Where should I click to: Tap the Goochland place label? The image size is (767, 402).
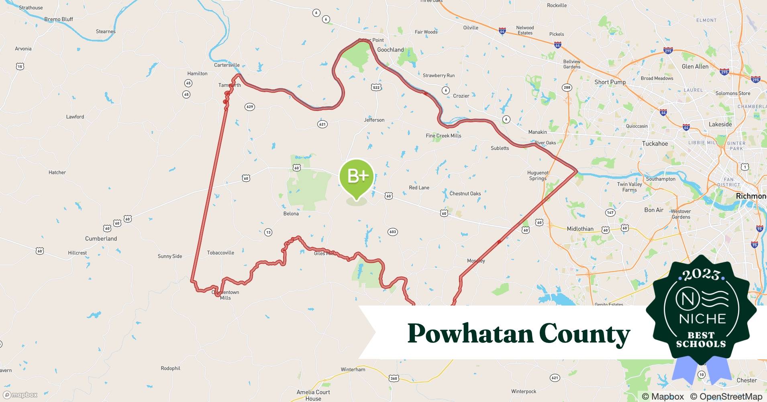pos(390,50)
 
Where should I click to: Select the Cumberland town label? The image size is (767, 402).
pos(101,238)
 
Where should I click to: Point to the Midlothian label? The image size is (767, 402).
pos(580,229)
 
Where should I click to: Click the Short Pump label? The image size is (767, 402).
pos(610,82)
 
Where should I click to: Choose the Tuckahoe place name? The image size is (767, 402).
pos(655,144)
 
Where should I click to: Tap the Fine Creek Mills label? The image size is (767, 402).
pos(443,135)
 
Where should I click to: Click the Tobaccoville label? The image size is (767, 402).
pos(220,252)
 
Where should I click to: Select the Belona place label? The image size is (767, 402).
pos(291,213)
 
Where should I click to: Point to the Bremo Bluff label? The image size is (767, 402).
pos(59,19)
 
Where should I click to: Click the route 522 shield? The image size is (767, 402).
pos(376,87)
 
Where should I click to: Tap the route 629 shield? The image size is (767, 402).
pos(250,107)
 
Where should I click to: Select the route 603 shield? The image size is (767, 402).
pos(393,232)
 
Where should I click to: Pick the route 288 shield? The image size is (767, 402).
pos(567,87)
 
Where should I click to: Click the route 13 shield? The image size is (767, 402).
pos(268,232)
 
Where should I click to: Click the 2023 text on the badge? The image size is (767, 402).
pos(701,275)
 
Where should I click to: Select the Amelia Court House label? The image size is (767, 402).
pos(313,395)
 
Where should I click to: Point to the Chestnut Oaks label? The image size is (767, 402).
pos(465,193)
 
